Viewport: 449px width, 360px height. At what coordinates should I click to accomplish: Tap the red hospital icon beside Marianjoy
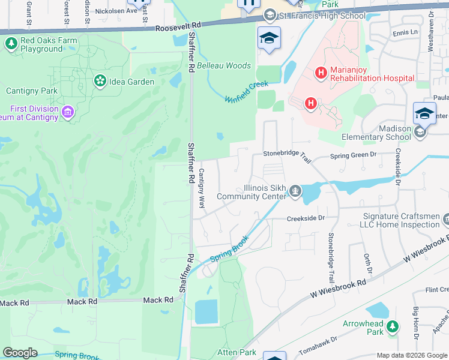(x=321, y=73)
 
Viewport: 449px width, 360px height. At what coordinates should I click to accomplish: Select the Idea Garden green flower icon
(x=100, y=80)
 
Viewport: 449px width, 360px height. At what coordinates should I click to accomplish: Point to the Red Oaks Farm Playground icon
(x=11, y=43)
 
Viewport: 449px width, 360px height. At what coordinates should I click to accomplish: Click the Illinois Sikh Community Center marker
(x=295, y=191)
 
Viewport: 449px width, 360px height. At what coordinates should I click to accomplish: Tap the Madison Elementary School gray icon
(x=420, y=131)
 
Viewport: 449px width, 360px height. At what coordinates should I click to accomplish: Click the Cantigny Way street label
(x=202, y=188)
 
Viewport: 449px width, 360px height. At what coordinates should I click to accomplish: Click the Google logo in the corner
(x=20, y=353)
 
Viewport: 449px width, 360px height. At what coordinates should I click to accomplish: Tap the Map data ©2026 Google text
(x=411, y=355)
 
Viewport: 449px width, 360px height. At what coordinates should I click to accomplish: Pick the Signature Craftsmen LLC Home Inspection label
(x=401, y=220)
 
